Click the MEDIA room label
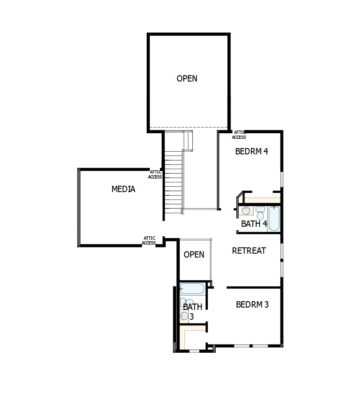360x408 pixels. [123, 189]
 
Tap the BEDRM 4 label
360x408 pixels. [252, 152]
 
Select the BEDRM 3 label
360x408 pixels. [252, 305]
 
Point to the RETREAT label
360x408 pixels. [249, 251]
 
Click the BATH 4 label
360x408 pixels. [254, 224]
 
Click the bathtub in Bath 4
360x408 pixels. [274, 218]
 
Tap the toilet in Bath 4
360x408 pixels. [261, 212]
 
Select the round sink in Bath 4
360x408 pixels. [246, 211]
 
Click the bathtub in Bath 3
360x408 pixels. [192, 289]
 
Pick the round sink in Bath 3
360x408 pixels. [184, 316]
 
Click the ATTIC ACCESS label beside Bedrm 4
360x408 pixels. [239, 135]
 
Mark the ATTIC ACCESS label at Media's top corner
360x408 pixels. [155, 175]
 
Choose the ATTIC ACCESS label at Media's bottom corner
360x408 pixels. [149, 241]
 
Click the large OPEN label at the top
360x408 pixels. [187, 79]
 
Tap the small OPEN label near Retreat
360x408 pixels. [194, 255]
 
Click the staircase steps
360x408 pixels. [173, 183]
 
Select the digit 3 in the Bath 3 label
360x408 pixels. [192, 317]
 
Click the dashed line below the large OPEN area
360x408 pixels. [189, 128]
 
